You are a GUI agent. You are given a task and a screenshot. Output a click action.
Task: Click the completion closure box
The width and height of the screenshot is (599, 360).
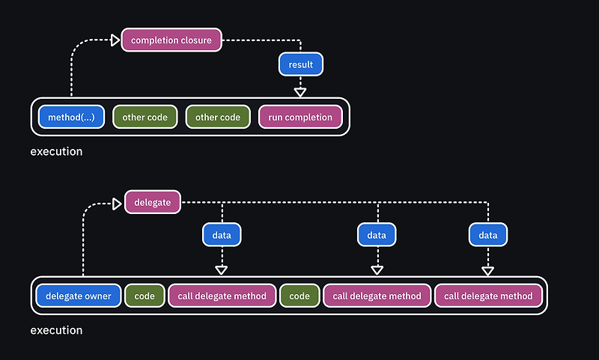coord(171,40)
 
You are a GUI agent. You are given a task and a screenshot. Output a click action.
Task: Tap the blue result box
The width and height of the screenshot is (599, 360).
coord(301,64)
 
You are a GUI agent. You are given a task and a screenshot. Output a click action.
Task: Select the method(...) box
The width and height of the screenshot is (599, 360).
coord(71,117)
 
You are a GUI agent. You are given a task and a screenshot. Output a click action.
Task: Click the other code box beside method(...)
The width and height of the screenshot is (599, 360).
coord(145,117)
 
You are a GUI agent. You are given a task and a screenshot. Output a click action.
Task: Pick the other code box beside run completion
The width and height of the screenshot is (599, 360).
coord(218,117)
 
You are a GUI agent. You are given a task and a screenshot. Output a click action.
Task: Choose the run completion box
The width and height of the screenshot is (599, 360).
coord(300,117)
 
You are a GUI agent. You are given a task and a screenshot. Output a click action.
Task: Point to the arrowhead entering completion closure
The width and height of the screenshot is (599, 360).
coord(115,40)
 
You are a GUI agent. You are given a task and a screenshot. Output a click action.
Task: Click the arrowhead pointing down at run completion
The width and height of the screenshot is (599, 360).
coord(300,92)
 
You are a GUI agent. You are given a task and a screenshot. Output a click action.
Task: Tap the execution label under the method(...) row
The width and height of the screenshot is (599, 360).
coord(57,151)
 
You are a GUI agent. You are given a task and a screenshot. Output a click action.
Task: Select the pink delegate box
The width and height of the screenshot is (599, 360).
coord(153,202)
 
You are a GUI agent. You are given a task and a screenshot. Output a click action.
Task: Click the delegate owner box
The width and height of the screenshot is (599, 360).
coord(79,296)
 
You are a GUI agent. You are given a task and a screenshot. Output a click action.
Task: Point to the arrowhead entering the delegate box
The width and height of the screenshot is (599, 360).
coord(117,204)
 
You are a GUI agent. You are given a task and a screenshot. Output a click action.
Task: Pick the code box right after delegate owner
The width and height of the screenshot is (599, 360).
coord(145,296)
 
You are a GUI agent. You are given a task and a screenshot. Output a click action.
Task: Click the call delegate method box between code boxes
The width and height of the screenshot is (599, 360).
coord(222,296)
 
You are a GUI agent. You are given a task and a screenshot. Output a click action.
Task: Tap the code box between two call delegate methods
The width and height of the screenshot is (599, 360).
coord(299,296)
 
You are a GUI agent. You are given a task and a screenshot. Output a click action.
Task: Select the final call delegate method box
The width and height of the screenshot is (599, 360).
coord(488,296)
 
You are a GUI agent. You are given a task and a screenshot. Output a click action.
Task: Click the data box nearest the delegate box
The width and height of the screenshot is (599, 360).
coord(222,235)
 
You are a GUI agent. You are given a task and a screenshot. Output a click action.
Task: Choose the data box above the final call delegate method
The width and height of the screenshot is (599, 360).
coord(488,235)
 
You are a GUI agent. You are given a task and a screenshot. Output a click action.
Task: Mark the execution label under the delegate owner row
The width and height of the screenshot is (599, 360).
coord(57,330)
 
